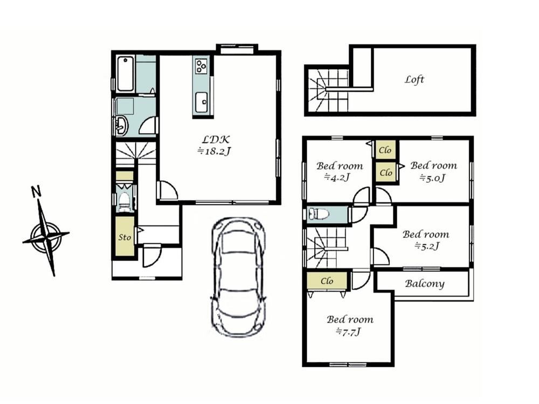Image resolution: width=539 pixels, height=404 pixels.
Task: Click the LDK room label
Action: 216,139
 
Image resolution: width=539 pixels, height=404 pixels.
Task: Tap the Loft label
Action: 414,79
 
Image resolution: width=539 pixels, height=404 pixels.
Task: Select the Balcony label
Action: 425,284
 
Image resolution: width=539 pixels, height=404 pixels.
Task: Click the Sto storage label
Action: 125,237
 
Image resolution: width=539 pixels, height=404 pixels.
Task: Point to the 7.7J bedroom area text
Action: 349,332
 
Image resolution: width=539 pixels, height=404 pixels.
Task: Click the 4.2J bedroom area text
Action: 337,177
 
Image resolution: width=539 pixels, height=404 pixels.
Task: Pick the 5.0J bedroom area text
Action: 432,178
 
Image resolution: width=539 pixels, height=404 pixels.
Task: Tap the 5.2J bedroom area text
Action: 426,246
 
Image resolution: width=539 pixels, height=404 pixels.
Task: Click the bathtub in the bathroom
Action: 126,74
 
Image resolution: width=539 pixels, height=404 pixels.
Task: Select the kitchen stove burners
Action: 201,66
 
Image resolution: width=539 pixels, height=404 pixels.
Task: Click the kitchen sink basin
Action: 202,102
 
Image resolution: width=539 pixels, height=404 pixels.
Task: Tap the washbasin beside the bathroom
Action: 121,125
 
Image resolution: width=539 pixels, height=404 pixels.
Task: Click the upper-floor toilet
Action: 319,214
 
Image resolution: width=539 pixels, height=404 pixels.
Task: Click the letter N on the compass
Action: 36,191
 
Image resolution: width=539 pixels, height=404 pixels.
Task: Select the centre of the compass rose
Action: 46,237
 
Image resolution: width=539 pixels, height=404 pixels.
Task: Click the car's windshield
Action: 237,242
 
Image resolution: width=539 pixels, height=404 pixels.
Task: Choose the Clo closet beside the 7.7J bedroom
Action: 327,281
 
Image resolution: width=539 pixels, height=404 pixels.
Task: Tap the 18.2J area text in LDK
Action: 213,151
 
